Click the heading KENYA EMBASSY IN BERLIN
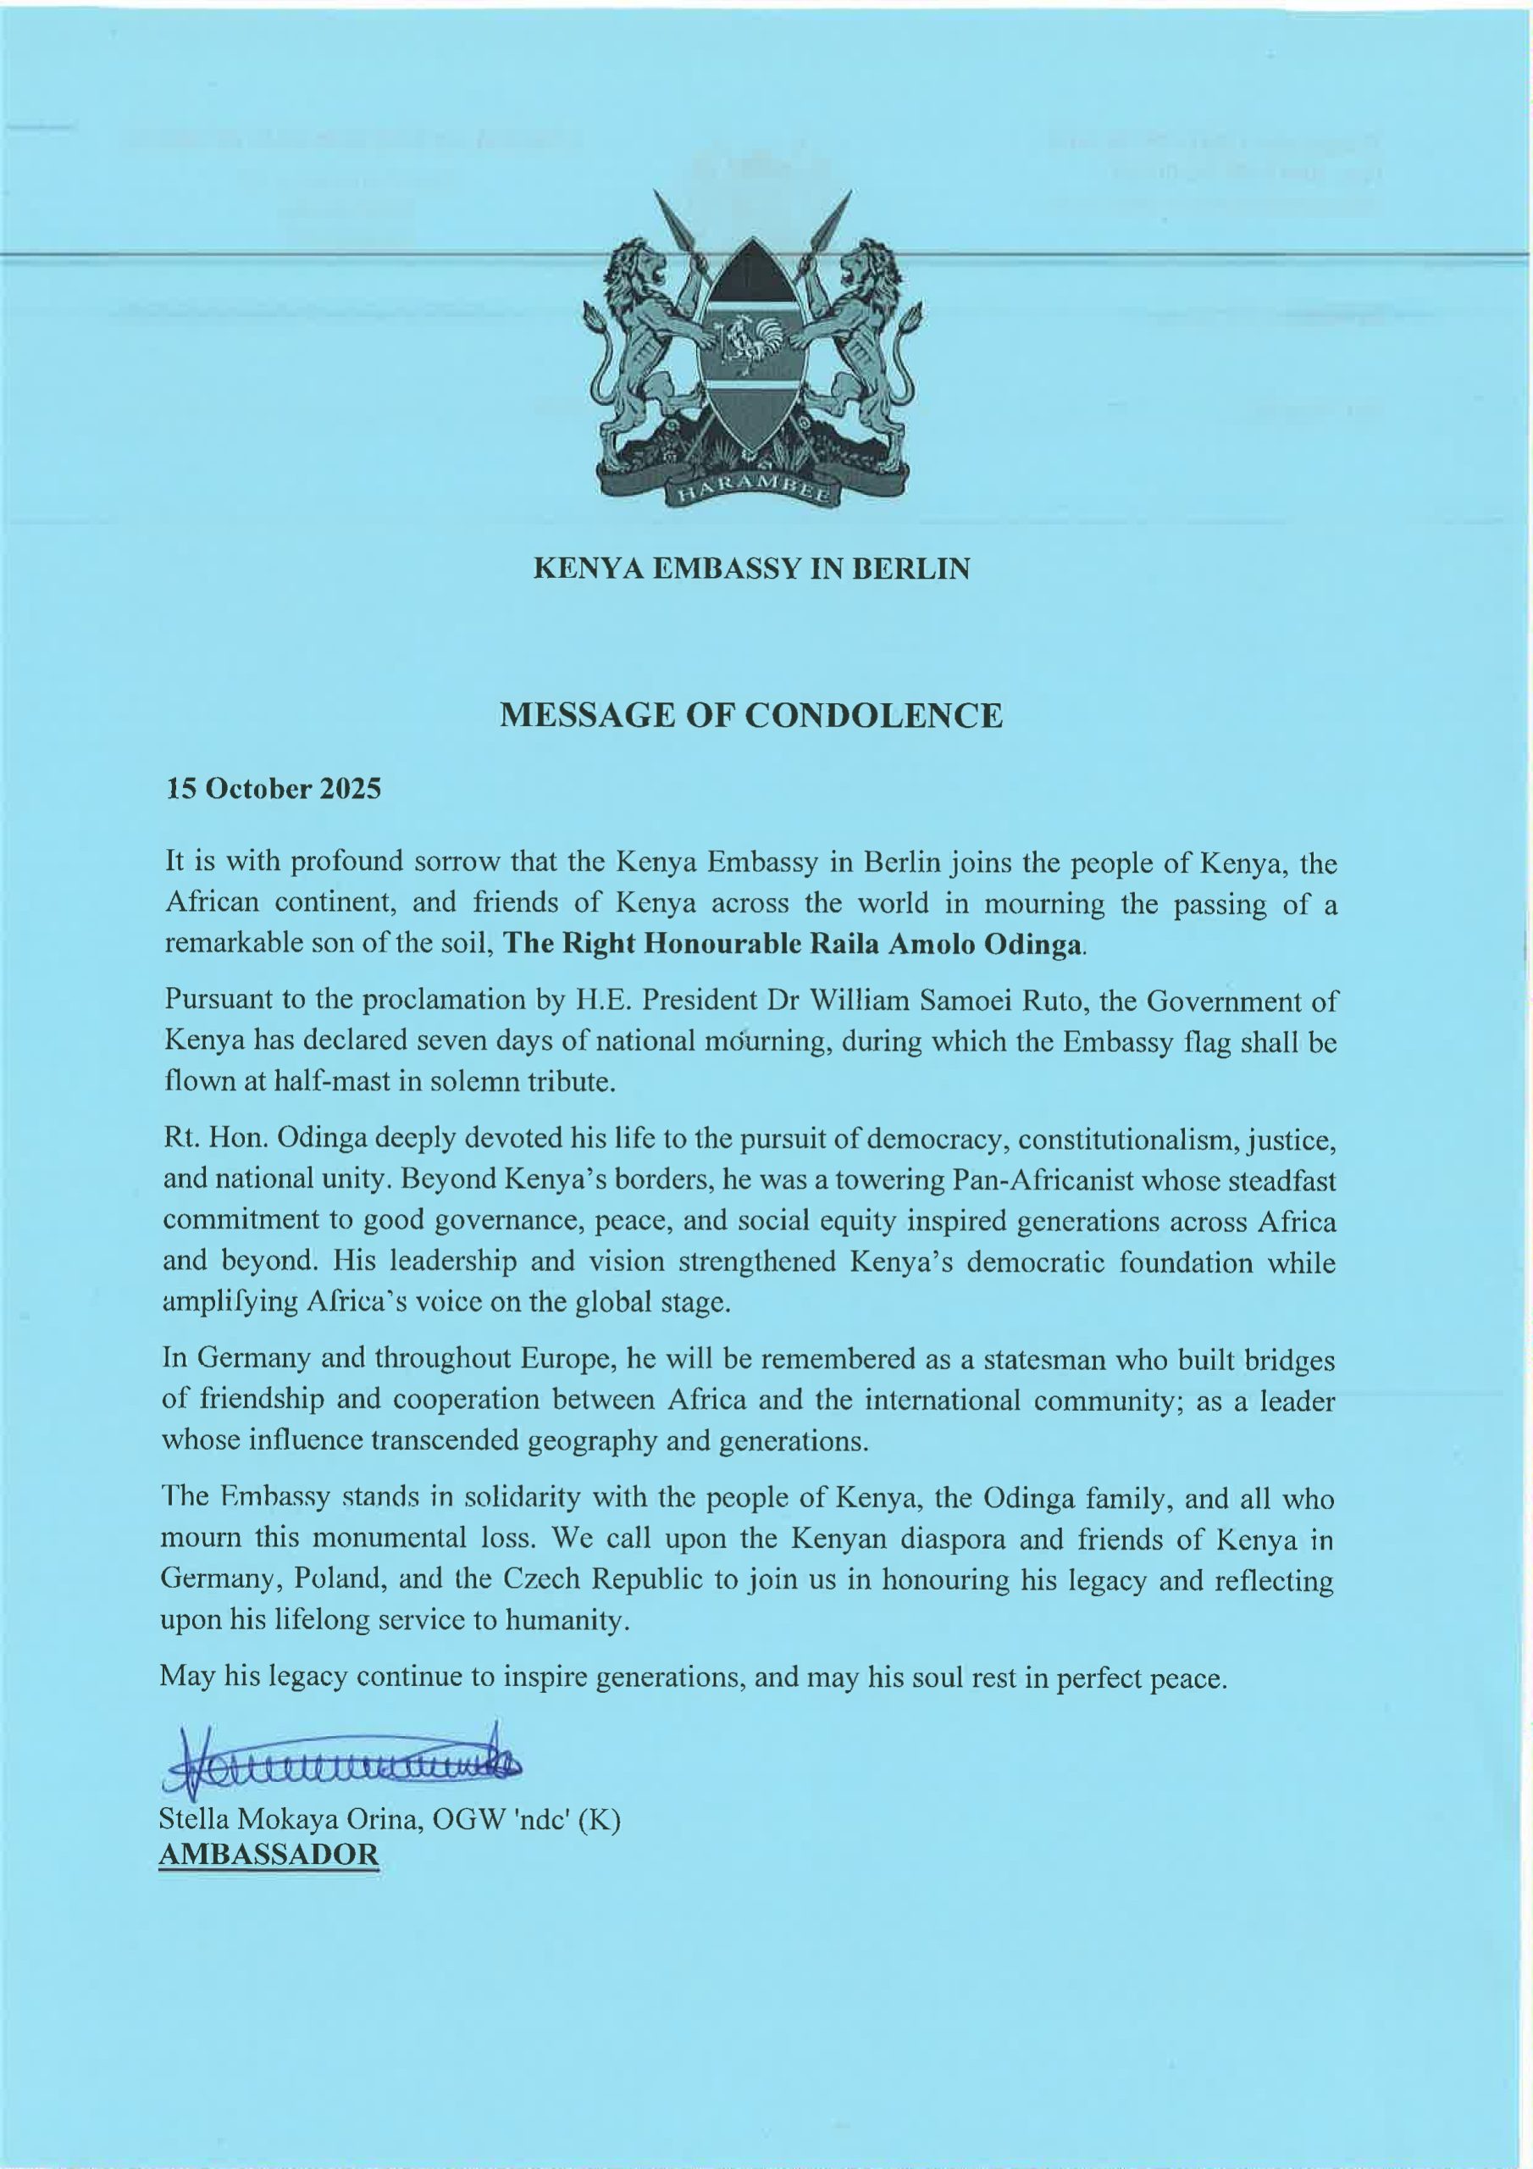pos(752,569)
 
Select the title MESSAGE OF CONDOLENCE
pos(751,715)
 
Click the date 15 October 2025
pos(274,789)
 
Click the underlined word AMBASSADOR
pos(269,1854)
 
